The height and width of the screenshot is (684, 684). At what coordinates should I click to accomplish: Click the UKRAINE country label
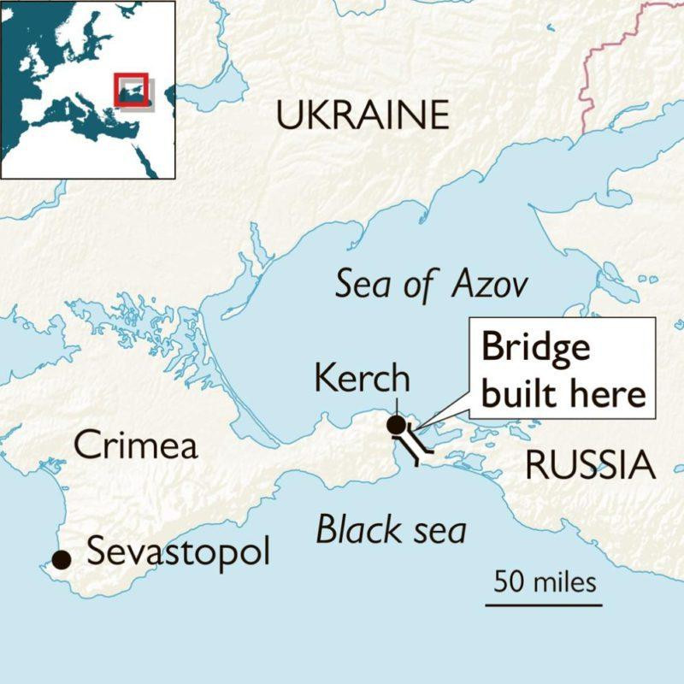[363, 115]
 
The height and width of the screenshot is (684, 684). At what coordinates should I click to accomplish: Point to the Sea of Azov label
[431, 284]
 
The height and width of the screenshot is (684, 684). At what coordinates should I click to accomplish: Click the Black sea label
[391, 531]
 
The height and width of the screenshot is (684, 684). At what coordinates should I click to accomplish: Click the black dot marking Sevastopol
[61, 559]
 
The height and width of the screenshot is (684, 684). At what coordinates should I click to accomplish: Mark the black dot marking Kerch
[396, 424]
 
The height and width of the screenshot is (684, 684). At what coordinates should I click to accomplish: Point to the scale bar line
[544, 604]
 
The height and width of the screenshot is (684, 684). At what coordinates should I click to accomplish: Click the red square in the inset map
[131, 90]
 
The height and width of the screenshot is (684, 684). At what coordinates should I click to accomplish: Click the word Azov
[491, 284]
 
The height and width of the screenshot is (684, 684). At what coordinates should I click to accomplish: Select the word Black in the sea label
[352, 531]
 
